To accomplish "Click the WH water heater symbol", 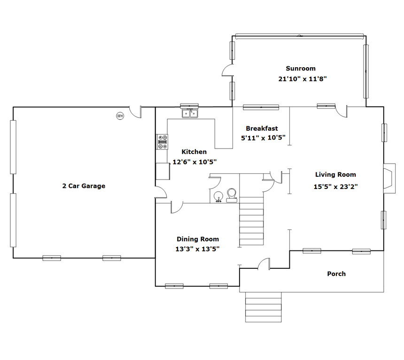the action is [x=120, y=116].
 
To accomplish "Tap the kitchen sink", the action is [x=190, y=113].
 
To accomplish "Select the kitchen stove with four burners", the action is [x=163, y=142].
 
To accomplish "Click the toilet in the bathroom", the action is [x=232, y=196].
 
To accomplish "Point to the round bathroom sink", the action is [x=218, y=197].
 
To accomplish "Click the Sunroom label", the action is [x=301, y=68].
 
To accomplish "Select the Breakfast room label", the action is [x=262, y=128].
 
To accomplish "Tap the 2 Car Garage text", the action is [x=84, y=186].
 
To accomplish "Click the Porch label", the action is [x=336, y=274].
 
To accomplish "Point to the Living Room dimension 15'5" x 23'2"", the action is [x=335, y=187].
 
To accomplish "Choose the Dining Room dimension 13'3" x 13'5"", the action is [x=197, y=249].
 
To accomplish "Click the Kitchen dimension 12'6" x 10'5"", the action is [x=194, y=162].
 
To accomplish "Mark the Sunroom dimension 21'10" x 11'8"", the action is [x=302, y=78].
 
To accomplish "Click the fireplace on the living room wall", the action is [x=389, y=178].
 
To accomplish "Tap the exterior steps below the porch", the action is [x=263, y=307].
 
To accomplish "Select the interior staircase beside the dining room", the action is [x=251, y=221].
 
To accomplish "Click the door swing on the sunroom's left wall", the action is [x=228, y=70].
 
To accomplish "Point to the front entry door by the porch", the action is [x=264, y=264].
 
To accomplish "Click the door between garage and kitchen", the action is [x=161, y=192].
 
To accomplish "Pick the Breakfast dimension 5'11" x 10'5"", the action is [x=263, y=138].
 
